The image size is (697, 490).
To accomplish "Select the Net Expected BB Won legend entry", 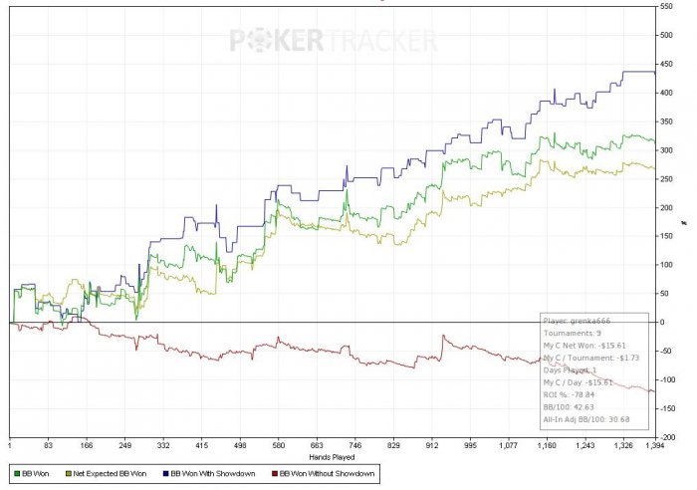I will [104, 474].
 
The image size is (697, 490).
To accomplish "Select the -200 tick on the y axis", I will [667, 437].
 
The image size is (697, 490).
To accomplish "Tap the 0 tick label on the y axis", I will [661, 323].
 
